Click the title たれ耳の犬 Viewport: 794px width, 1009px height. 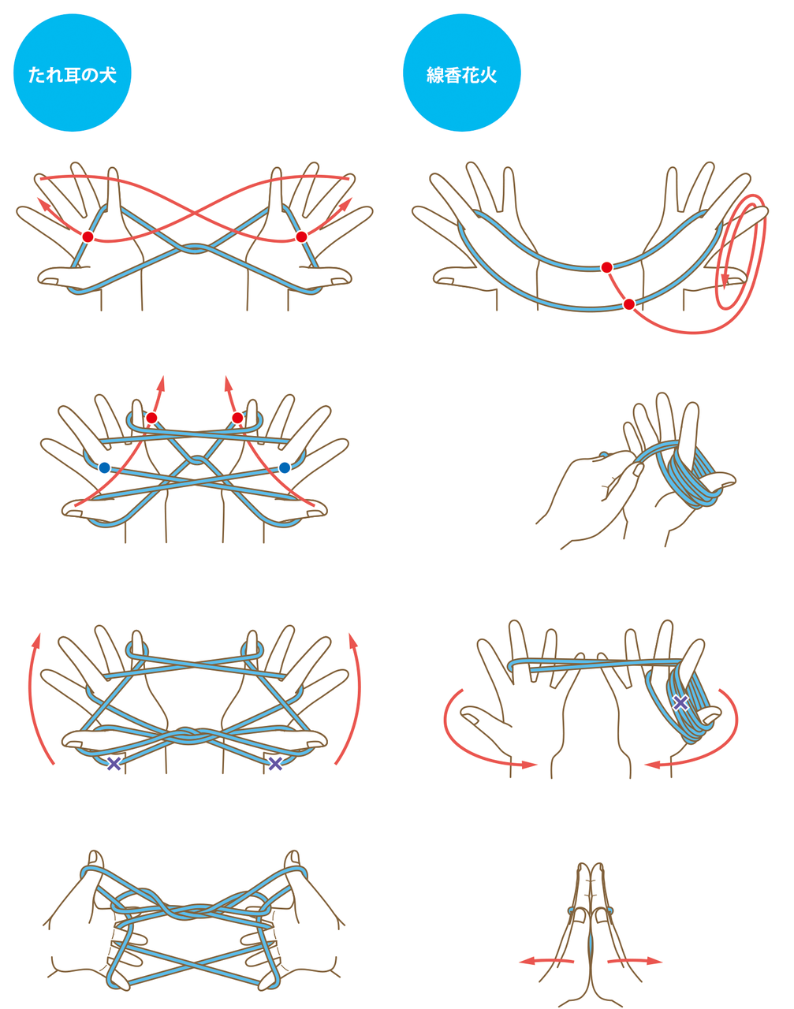pos(73,75)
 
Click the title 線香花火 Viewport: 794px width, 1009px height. pos(461,75)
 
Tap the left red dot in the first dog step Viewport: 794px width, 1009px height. pos(88,236)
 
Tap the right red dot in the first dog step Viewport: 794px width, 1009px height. pos(301,236)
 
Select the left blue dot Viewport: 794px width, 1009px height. pos(104,467)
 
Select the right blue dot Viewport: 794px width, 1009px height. pos(284,467)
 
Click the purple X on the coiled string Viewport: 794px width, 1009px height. pos(680,702)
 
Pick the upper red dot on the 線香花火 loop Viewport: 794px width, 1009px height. pos(607,268)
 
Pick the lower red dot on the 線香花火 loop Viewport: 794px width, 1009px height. pos(629,304)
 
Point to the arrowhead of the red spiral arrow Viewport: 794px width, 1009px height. pos(725,281)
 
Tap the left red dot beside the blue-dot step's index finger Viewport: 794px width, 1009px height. pos(151,418)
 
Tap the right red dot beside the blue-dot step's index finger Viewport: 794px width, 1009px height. pos(237,418)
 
